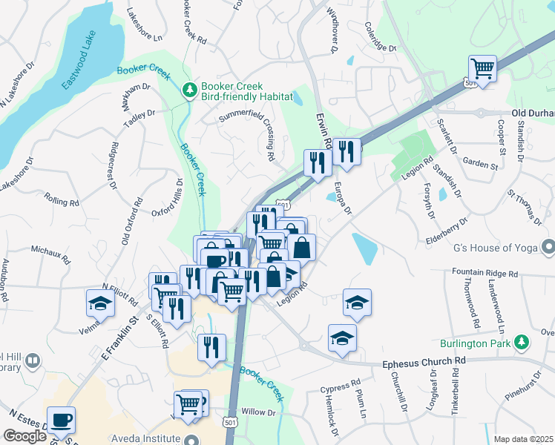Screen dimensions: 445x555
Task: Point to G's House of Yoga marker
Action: (x=548, y=245)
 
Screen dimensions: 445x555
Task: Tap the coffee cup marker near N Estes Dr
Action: (x=61, y=421)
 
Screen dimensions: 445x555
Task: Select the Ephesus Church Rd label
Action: (x=422, y=363)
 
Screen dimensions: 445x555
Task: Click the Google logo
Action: (x=24, y=436)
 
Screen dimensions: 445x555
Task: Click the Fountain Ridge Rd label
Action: (x=485, y=273)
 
